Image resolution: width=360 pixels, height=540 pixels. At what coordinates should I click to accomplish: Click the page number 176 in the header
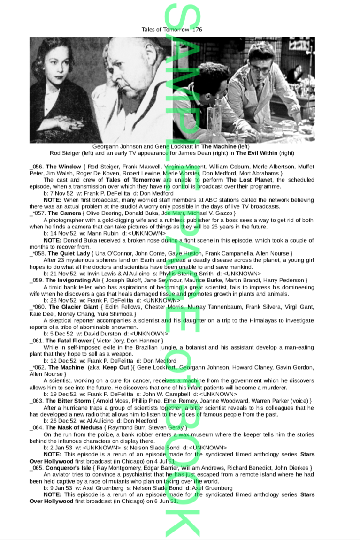197,30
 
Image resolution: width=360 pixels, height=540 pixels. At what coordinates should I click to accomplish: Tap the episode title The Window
63,167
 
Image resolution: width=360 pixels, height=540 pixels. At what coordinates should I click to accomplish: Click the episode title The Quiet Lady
69,254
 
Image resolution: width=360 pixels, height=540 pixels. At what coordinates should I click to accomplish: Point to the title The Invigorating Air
77,281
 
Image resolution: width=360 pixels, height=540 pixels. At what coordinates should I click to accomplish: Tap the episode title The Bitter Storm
68,401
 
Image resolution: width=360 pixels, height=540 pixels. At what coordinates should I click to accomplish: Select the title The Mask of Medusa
74,428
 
